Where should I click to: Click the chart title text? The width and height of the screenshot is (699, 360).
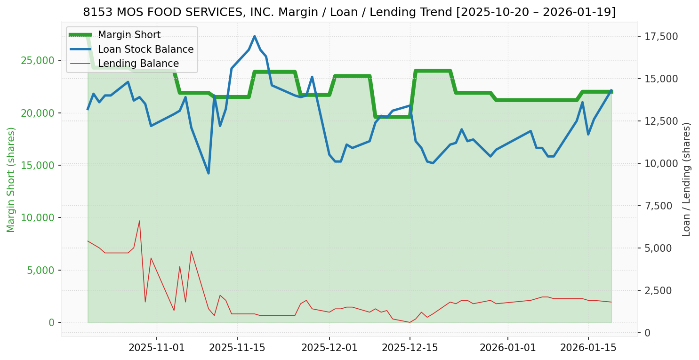click(x=349, y=12)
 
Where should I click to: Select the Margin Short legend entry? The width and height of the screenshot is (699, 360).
click(x=129, y=35)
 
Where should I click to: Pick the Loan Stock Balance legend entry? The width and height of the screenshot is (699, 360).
click(x=145, y=49)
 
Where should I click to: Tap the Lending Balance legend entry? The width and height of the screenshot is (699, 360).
click(x=138, y=64)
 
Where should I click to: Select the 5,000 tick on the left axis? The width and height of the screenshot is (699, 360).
click(x=40, y=270)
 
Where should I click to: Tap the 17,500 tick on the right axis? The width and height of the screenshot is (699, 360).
click(x=661, y=37)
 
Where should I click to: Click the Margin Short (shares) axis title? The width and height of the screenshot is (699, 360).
click(x=11, y=180)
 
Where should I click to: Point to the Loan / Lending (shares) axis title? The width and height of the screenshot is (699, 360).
click(x=686, y=180)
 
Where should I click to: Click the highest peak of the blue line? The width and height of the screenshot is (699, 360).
click(x=254, y=36)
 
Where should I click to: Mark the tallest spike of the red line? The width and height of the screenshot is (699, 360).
click(x=139, y=221)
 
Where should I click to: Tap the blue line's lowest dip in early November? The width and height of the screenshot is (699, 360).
click(x=209, y=173)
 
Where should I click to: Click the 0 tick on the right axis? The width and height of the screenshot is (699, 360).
click(x=648, y=333)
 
